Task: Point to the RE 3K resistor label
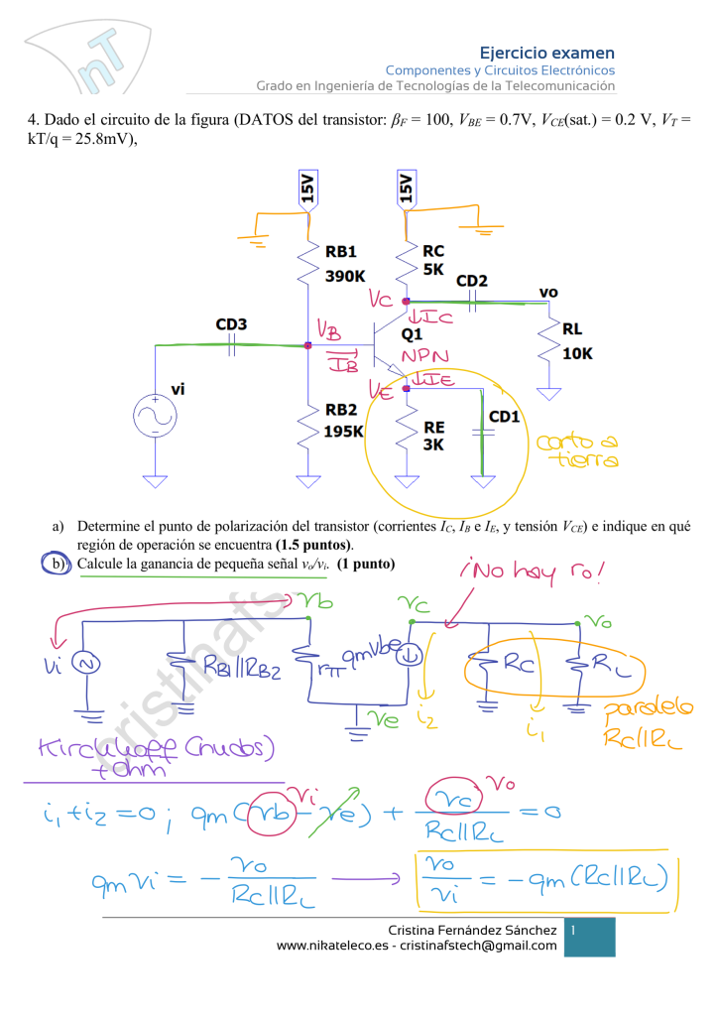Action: (433, 436)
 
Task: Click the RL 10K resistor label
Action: (576, 340)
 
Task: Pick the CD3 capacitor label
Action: (231, 324)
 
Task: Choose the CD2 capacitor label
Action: (472, 281)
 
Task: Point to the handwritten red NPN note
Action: (425, 357)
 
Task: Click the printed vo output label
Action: (548, 292)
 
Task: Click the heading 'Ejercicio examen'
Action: (546, 53)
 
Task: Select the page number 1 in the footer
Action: (573, 930)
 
